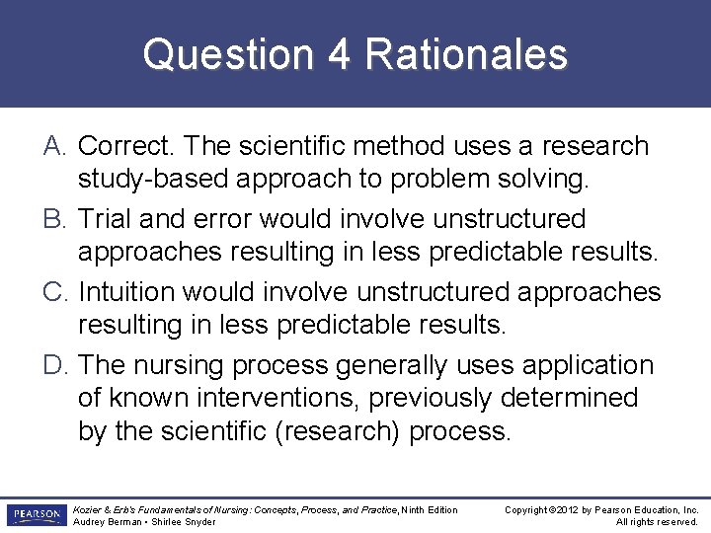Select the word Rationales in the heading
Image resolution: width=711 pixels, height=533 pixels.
pyautogui.click(x=466, y=55)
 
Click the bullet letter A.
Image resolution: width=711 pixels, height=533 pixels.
pyautogui.click(x=55, y=146)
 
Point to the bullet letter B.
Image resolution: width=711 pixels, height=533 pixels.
pyautogui.click(x=55, y=219)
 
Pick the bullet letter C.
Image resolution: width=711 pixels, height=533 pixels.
pyautogui.click(x=55, y=292)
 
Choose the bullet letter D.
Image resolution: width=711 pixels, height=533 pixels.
pyautogui.click(x=55, y=365)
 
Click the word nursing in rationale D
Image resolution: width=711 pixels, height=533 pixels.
pyautogui.click(x=187, y=365)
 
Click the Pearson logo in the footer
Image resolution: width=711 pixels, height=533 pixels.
pyautogui.click(x=36, y=515)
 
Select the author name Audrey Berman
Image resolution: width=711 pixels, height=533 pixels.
pyautogui.click(x=108, y=522)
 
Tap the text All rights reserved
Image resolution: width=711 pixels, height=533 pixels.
pyautogui.click(x=657, y=522)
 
